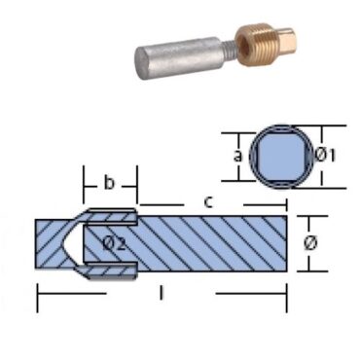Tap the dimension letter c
tap(209, 202)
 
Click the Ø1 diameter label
tap(328, 153)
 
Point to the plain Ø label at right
tap(310, 241)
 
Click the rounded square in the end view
tap(281, 153)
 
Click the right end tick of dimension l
tap(289, 293)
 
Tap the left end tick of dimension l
tap(36, 293)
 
